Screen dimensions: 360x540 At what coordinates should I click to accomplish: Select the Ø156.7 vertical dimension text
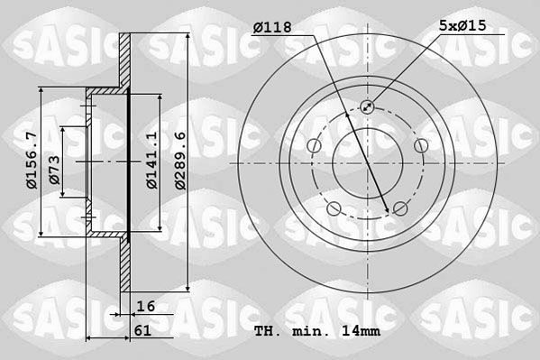(x=32, y=162)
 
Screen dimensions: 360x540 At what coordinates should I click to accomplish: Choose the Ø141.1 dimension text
(x=151, y=161)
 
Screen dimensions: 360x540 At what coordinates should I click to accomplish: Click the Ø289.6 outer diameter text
(x=180, y=161)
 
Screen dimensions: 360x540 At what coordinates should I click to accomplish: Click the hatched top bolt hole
(x=367, y=106)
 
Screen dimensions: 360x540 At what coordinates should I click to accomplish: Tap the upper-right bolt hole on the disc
(x=421, y=145)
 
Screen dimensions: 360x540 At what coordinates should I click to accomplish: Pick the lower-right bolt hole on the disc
(x=400, y=209)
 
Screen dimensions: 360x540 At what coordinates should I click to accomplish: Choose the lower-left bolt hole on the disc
(x=333, y=209)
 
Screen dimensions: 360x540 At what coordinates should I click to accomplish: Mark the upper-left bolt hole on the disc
(x=313, y=145)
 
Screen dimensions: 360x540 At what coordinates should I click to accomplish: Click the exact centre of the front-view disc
(x=367, y=163)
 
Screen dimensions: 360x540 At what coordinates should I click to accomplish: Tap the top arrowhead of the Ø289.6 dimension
(x=187, y=36)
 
